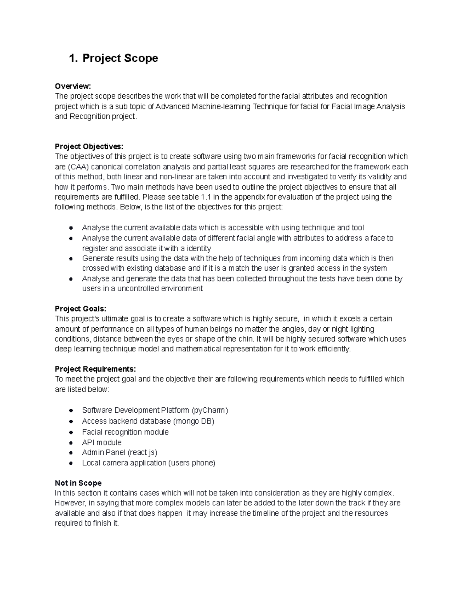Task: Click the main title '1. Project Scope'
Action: tap(113, 58)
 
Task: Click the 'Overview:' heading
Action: tap(73, 86)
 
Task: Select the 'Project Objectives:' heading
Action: tap(89, 146)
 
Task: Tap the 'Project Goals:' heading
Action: tap(80, 309)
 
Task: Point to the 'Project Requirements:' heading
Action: tap(95, 369)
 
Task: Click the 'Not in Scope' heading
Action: tap(78, 483)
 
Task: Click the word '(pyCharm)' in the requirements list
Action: tap(210, 410)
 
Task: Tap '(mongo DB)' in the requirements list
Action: tap(193, 421)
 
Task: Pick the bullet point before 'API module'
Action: tap(71, 443)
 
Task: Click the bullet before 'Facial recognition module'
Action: tap(71, 432)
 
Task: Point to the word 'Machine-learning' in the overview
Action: tap(221, 106)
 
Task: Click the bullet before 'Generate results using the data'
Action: tap(71, 259)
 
